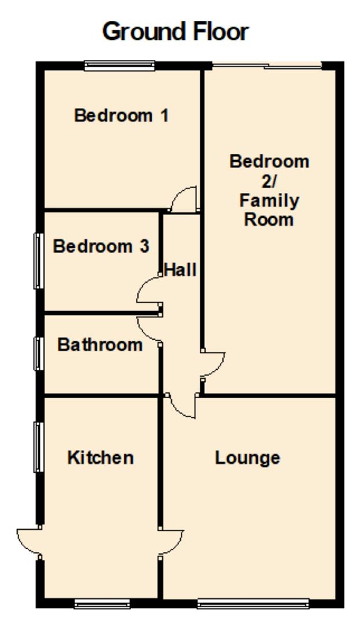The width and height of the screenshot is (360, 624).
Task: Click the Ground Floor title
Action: tap(176, 32)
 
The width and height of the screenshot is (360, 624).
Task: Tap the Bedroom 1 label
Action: tap(121, 116)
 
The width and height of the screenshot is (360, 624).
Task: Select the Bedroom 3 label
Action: tap(101, 247)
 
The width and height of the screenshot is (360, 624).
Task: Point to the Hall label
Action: tap(180, 269)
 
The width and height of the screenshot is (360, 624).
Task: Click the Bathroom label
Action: tap(100, 345)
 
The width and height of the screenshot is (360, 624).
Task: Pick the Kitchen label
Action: tap(101, 458)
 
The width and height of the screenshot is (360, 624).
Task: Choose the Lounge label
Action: tap(247, 458)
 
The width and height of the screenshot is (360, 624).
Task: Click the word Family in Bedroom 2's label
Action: tap(269, 202)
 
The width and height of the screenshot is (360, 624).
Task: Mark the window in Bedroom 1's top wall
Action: tap(120, 66)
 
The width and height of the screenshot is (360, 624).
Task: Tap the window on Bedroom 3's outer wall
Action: tap(39, 260)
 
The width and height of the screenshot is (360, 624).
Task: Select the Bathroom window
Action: tap(38, 354)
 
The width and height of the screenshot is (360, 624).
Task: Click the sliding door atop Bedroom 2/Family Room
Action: tap(267, 66)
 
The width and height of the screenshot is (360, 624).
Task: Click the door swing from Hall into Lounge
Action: tap(183, 407)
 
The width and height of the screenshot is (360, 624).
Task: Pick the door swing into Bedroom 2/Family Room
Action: tap(214, 364)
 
